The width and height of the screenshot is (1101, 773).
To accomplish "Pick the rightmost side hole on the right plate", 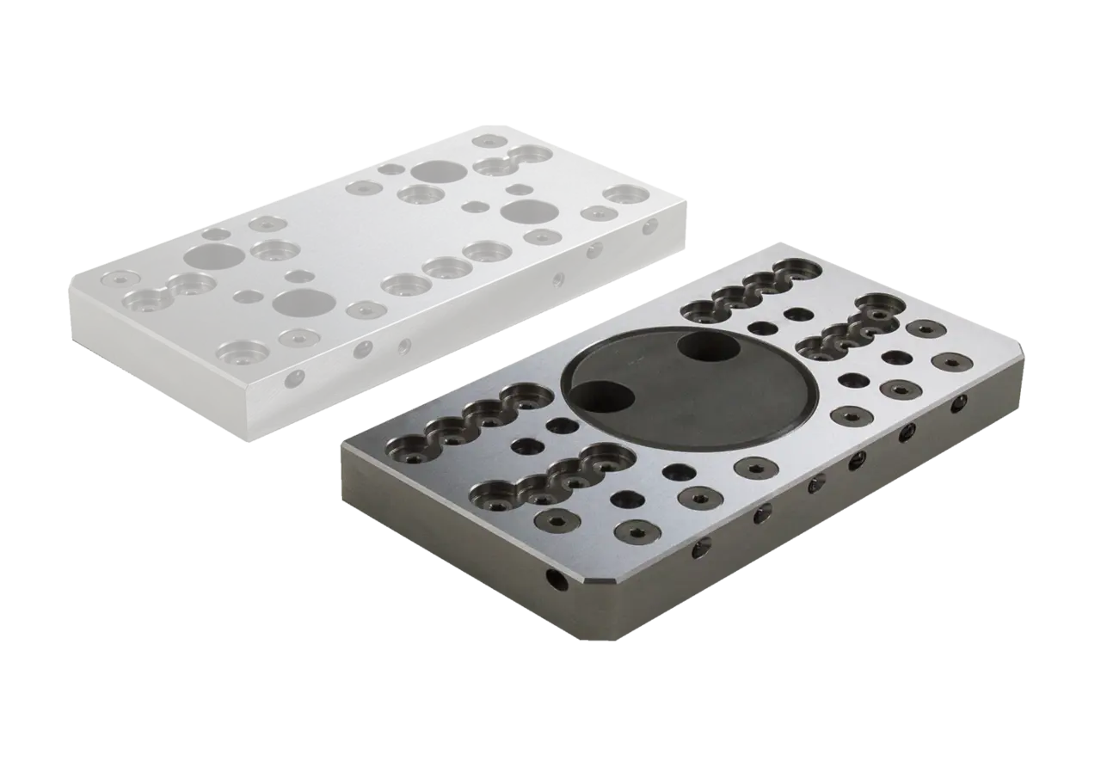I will click(x=958, y=402).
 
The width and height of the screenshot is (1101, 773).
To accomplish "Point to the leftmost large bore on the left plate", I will click(x=212, y=255).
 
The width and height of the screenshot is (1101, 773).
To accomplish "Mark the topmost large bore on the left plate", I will click(x=438, y=171).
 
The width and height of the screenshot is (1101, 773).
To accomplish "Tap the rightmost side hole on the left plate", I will click(x=649, y=226).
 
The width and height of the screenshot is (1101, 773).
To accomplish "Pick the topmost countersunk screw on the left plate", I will click(x=487, y=140).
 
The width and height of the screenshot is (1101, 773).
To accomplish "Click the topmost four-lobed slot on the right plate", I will click(x=747, y=292).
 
